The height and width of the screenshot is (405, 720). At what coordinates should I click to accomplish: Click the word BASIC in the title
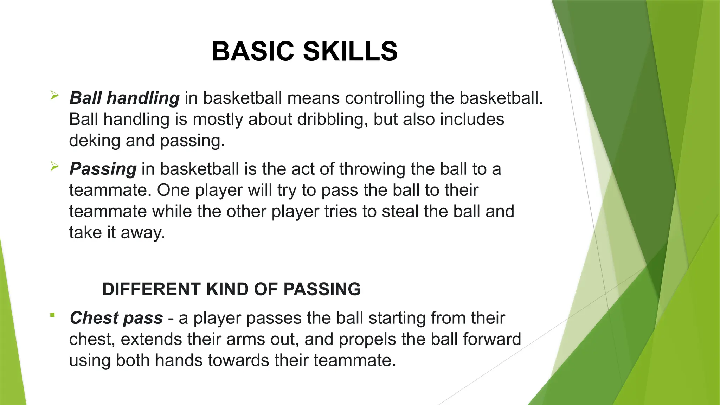coord(252,51)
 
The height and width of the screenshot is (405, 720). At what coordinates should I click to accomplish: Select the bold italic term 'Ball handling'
coord(124,98)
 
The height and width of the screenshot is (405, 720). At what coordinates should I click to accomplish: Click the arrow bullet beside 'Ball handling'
coord(54,95)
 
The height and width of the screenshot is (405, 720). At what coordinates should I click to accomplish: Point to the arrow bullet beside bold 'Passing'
coord(54,166)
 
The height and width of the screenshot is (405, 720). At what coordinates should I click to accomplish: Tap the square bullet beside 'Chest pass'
coord(52,315)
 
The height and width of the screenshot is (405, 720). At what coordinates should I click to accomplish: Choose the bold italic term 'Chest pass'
coord(116,318)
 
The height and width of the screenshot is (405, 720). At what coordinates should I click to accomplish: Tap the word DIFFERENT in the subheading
coord(152,289)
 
